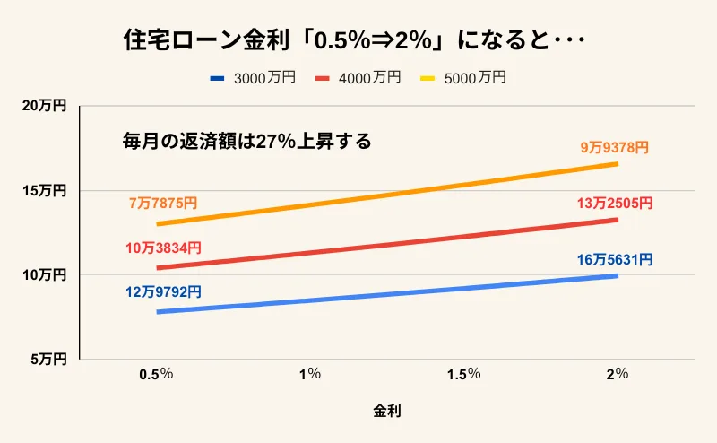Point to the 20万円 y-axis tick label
coord(44,106)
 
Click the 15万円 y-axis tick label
coord(44,190)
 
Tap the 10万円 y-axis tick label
coord(44,274)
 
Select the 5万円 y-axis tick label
coord(48,359)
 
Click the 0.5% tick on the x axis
coord(156,373)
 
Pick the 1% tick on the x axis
coord(310,373)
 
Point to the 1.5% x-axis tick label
coord(463,373)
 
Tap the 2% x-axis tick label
coord(617,373)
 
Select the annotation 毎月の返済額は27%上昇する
coord(246,142)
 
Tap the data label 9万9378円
coord(615,147)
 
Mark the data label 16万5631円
coord(615,260)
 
